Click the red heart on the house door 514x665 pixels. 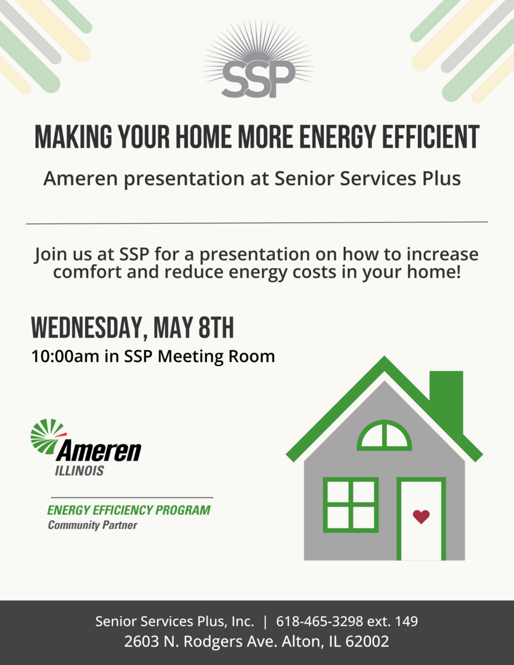[421, 517]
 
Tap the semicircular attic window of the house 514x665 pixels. [384, 435]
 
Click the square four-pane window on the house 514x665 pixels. [351, 505]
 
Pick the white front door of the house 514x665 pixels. [421, 519]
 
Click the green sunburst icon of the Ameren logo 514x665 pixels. [47, 437]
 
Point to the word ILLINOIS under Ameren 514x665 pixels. [80, 471]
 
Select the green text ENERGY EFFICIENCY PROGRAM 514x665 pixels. [129, 510]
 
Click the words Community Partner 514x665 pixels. [92, 525]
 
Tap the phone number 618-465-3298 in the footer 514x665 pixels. [320, 621]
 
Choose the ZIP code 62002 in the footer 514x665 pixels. [367, 641]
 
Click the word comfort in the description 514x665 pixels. [88, 272]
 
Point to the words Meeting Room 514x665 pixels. [216, 357]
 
